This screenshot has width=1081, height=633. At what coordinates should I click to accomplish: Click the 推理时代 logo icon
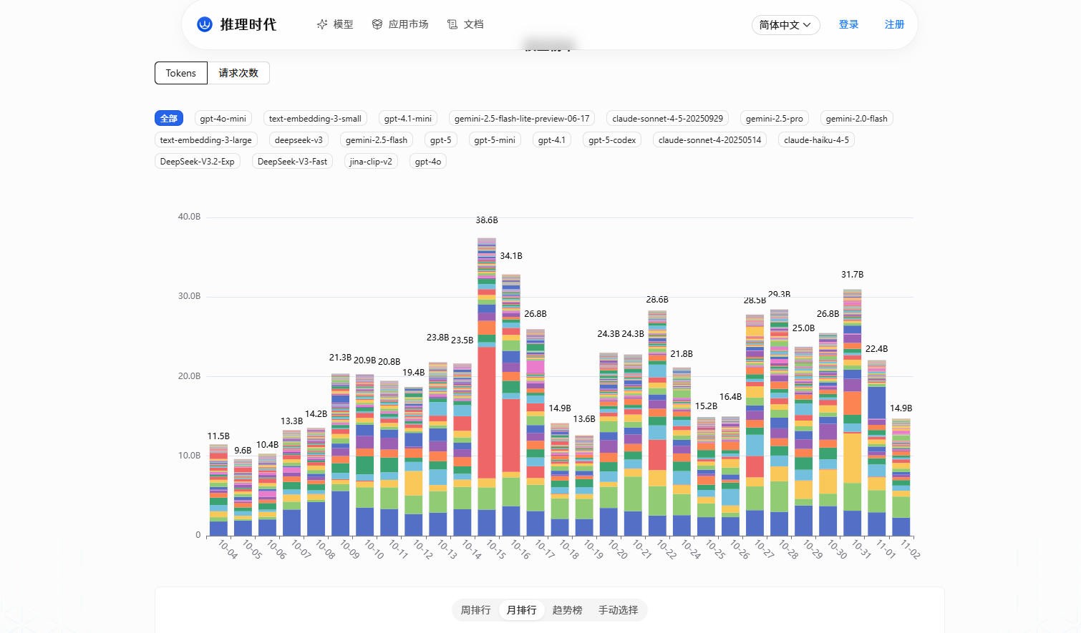tap(205, 24)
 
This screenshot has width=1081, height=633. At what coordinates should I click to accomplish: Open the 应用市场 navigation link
tap(400, 24)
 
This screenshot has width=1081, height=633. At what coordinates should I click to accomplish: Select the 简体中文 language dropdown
tap(785, 25)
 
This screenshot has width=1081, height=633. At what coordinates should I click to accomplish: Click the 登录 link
tap(848, 24)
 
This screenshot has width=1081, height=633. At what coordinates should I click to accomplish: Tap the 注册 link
tap(894, 24)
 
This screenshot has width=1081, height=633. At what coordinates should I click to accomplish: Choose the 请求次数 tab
tap(238, 73)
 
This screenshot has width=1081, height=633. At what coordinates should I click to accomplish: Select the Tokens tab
tap(180, 73)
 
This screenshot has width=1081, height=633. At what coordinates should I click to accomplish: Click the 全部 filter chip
tap(169, 119)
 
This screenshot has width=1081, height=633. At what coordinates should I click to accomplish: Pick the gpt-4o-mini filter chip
tap(223, 119)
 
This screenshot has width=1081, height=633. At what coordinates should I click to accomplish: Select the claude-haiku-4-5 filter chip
tap(816, 140)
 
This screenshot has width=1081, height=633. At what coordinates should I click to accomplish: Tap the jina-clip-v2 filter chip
tap(371, 162)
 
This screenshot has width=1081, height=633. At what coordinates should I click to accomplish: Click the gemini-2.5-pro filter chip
tap(774, 119)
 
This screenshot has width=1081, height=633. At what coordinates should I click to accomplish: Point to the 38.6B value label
tap(487, 220)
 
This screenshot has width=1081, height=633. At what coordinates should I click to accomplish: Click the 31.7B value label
tap(852, 275)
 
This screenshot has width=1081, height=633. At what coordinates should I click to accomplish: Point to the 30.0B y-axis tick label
tap(189, 296)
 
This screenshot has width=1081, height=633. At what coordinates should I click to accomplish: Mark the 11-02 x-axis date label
tap(909, 549)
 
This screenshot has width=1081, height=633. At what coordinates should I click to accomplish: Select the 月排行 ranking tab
tap(521, 610)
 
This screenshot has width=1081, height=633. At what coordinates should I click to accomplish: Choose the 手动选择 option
tap(618, 610)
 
